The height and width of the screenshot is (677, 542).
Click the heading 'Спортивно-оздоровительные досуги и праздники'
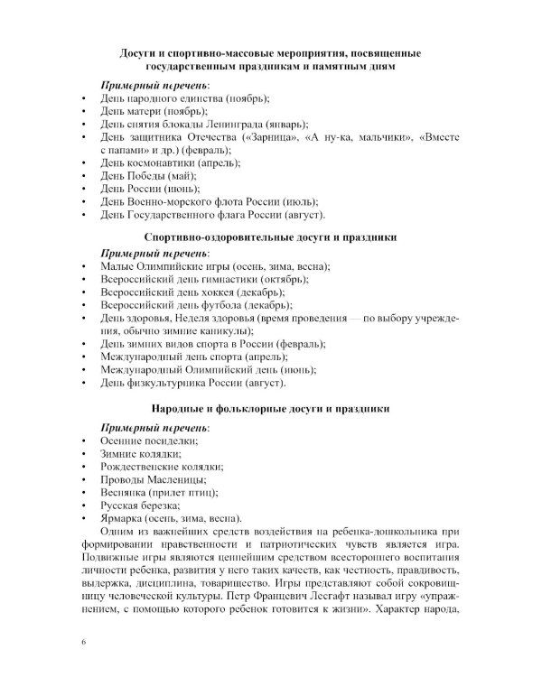tap(270, 236)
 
